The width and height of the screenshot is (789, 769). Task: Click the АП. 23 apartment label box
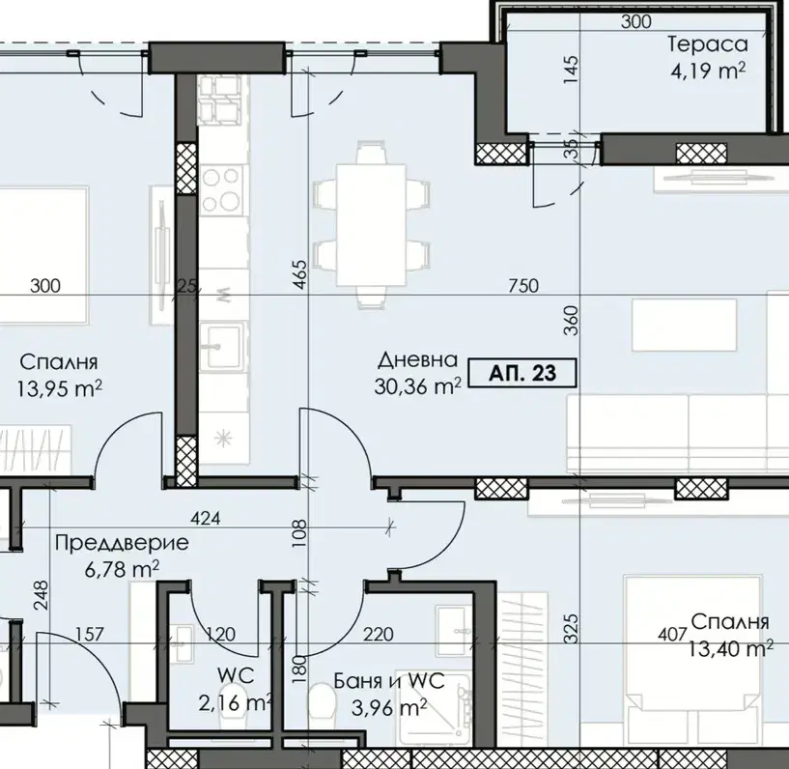(522, 373)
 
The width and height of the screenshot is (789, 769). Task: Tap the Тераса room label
(708, 44)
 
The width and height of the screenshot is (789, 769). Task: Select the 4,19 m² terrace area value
(708, 71)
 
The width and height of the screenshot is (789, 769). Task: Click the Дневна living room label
(417, 359)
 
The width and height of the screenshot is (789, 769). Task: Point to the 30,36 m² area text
(417, 386)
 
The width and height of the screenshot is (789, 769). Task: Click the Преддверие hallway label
(123, 543)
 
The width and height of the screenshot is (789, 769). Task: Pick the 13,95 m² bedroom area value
(59, 388)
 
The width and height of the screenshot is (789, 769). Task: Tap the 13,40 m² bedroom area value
(731, 648)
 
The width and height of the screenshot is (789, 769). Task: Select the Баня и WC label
(389, 681)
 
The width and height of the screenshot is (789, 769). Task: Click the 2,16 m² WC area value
(236, 702)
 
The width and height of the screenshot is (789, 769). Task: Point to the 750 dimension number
(523, 286)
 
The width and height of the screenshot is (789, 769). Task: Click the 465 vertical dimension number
(299, 274)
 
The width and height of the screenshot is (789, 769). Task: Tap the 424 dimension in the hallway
(206, 518)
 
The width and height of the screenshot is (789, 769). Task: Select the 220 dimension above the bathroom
(379, 634)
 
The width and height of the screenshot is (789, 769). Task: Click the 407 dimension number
(672, 634)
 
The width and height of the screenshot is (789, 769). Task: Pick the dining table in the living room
(372, 225)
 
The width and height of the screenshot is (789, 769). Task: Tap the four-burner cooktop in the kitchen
(220, 190)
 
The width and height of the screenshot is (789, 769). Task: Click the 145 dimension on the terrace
(571, 70)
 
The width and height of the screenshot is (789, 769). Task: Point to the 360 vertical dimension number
(571, 321)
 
